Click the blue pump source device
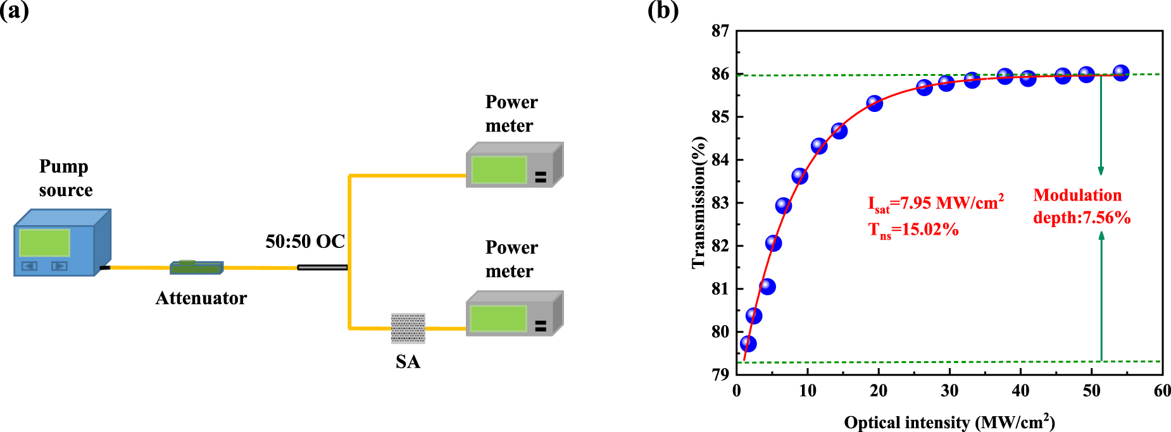point(63,243)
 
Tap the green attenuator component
point(196,268)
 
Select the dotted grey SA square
point(408,328)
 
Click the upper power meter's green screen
point(499,170)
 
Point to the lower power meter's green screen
point(499,318)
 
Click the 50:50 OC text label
point(305,241)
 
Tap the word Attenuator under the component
point(201,298)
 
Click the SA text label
point(408,362)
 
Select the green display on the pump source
point(44,243)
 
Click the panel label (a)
point(14,11)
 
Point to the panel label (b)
point(663,11)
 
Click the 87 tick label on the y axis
point(720,31)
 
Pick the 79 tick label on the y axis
point(720,374)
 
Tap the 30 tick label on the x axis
point(949,391)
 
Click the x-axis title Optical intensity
point(949,422)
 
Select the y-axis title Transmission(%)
point(699,202)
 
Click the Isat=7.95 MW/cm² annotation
point(936,204)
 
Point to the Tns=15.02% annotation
point(913,230)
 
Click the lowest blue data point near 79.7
point(748,343)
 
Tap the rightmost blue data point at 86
point(1121,73)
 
